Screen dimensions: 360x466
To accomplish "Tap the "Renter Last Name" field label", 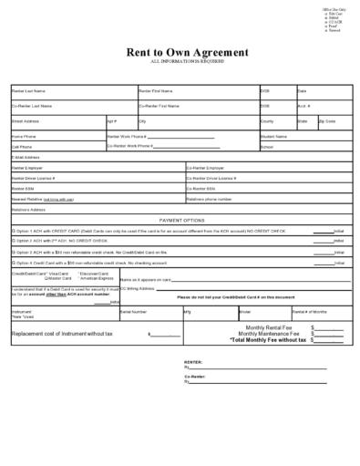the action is click(28, 91).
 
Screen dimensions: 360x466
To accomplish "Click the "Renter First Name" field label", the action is click(156, 91).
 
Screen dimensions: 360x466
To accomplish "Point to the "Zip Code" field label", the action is click(328, 120).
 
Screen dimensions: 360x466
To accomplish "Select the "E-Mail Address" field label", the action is click(26, 156).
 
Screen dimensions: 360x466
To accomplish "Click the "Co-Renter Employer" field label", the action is click(205, 168).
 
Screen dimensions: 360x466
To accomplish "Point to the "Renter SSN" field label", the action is click(23, 188).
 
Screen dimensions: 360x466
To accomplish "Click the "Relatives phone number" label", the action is click(210, 198).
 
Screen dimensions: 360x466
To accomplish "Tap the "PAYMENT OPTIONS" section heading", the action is click(182, 220).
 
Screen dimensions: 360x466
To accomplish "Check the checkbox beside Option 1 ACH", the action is click(14, 231).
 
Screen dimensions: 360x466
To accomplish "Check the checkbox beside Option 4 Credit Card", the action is click(14, 261).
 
